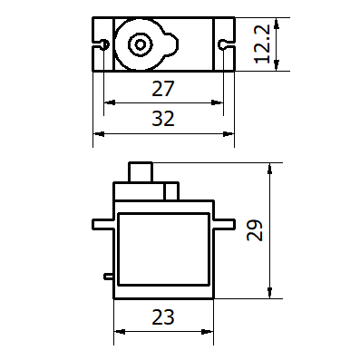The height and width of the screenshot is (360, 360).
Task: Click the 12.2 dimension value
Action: (262, 44)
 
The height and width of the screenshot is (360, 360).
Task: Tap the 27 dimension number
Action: (163, 89)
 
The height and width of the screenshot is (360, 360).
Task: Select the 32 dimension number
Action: (163, 119)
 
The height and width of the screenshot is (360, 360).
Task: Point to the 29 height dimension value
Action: (255, 230)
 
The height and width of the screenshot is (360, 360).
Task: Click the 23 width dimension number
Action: (163, 317)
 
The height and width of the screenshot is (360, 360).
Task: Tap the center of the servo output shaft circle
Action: (140, 45)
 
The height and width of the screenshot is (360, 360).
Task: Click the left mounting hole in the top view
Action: (105, 44)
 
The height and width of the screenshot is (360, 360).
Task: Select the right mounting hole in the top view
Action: (222, 44)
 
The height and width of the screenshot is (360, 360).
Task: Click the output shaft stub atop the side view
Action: (141, 172)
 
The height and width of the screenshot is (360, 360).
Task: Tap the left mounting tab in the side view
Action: (103, 224)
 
